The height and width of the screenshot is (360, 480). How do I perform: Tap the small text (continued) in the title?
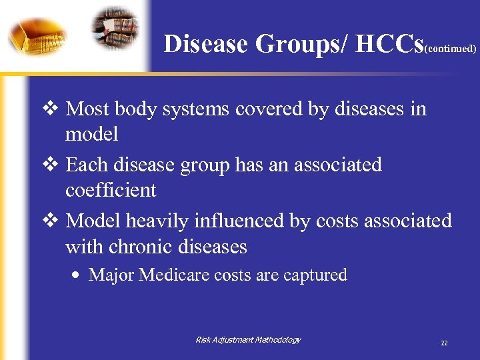(x=450, y=49)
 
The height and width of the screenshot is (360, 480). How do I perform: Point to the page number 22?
(x=444, y=343)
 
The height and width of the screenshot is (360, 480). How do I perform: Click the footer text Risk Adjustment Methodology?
(x=247, y=340)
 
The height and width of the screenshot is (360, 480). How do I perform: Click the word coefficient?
(x=111, y=191)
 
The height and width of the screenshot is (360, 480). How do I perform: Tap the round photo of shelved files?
(x=115, y=28)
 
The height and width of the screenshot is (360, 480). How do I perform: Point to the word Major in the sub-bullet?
(x=111, y=275)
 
